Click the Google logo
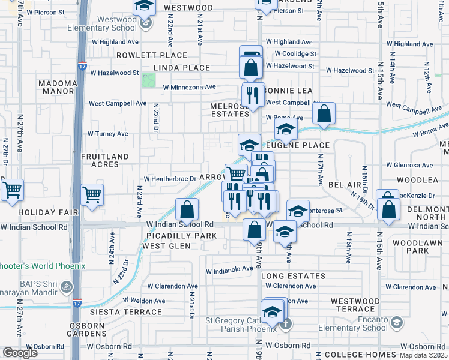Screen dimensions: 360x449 [20, 353]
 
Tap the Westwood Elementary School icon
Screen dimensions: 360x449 [145, 24]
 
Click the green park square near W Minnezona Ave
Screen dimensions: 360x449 [148, 80]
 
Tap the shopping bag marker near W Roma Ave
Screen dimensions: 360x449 [324, 113]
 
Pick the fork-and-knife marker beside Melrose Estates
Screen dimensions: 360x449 [252, 95]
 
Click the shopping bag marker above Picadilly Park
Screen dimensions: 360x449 [187, 209]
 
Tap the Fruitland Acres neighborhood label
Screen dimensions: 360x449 [105, 161]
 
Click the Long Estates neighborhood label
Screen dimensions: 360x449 [294, 276]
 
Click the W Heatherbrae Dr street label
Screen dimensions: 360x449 [169, 178]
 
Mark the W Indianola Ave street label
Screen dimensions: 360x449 [231, 270]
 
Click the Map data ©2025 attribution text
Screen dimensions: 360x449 [423, 355]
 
